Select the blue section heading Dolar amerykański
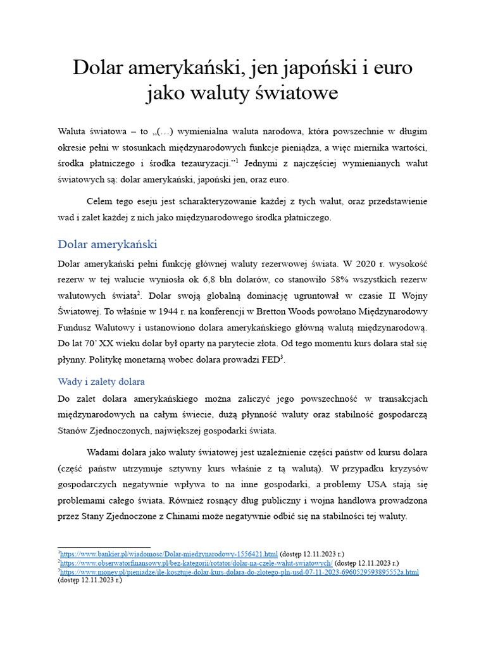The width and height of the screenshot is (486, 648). coord(107,244)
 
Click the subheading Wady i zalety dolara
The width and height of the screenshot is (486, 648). coord(101,382)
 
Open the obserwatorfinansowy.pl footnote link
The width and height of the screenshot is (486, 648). coord(196,563)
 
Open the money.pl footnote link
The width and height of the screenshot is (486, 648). coord(240,572)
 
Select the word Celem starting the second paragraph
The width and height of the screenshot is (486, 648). coord(99,201)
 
